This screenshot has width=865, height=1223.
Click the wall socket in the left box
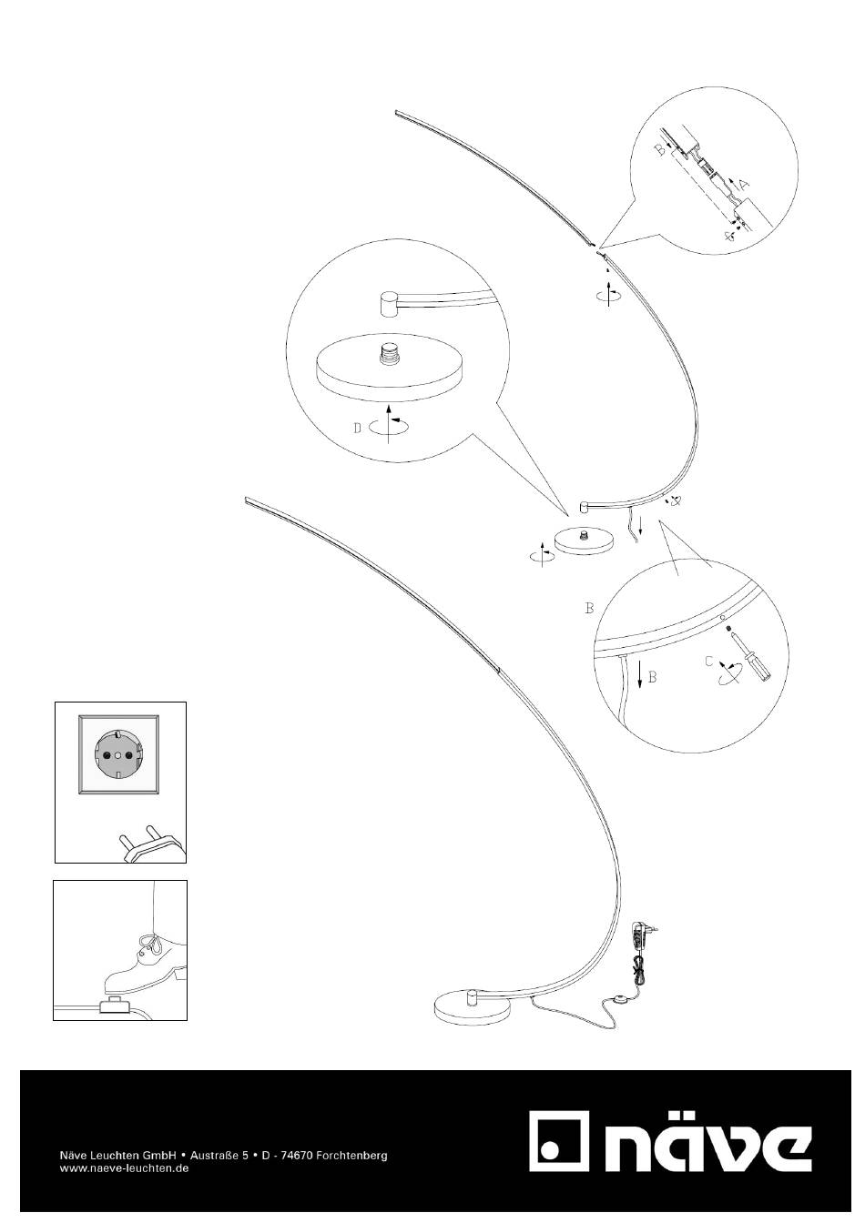pos(119,754)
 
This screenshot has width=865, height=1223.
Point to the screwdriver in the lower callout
pos(751,654)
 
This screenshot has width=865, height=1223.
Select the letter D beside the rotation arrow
pos(357,428)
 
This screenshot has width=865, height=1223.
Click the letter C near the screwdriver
pos(708,662)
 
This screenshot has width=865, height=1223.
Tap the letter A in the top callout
pos(743,185)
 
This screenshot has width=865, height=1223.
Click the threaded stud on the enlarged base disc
pos(389,353)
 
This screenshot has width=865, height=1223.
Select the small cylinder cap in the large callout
pos(390,304)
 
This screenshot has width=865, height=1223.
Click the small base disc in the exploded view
pos(585,542)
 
